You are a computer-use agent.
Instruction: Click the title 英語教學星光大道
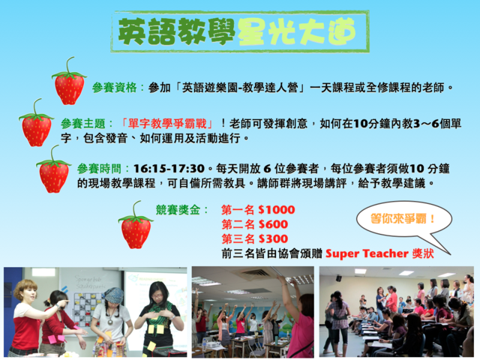(237, 31)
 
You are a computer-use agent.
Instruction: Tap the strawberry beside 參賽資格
(69, 82)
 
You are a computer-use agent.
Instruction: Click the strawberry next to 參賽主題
(36, 123)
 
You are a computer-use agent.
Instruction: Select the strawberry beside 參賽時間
(53, 169)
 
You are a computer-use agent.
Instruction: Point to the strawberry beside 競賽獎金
(136, 225)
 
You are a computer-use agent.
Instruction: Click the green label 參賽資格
(115, 88)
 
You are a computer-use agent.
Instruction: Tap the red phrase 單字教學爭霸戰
(167, 124)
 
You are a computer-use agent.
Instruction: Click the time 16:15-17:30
(169, 169)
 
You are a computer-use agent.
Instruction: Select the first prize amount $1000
(277, 210)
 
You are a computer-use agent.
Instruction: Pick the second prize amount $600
(273, 224)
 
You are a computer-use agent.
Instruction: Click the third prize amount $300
(273, 238)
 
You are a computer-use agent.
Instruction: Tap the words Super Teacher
(367, 253)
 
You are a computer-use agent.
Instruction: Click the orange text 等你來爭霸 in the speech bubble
(398, 219)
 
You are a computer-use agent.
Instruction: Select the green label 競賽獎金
(178, 210)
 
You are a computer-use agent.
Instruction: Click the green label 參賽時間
(99, 169)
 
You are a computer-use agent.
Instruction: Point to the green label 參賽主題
(83, 124)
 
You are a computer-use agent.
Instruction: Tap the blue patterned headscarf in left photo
(113, 295)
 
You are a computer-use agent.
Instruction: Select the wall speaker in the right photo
(338, 278)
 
